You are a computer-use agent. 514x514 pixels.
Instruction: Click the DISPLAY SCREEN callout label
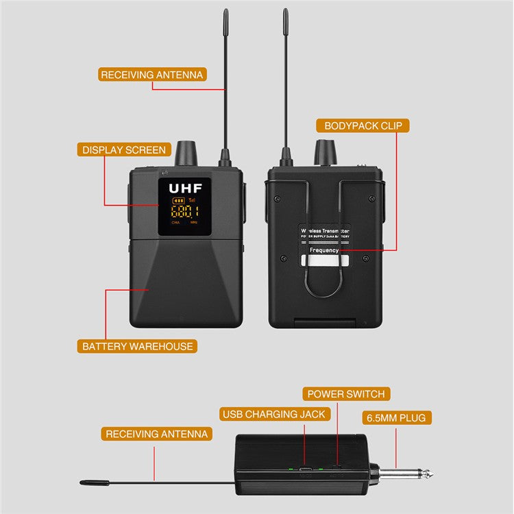click(124, 149)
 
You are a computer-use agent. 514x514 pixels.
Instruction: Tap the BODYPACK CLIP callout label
click(363, 126)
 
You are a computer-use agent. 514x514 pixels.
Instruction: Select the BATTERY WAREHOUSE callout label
click(137, 346)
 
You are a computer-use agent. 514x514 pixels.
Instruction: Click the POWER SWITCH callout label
click(346, 394)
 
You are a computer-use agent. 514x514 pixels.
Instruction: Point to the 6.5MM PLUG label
click(397, 417)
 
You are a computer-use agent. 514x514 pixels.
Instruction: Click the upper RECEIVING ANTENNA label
click(151, 75)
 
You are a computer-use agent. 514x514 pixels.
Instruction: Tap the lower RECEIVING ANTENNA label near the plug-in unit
click(156, 434)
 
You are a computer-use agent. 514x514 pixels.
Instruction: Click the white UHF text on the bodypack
click(184, 187)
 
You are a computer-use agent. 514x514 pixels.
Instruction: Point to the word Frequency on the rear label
click(323, 250)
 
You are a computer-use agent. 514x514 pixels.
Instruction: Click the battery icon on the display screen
click(178, 201)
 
